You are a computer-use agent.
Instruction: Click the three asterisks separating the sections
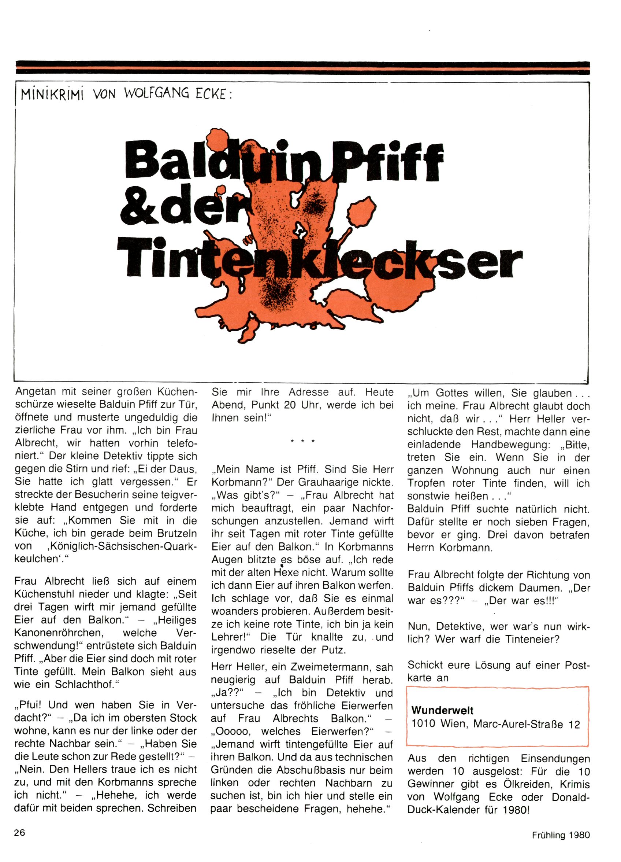(302, 442)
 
